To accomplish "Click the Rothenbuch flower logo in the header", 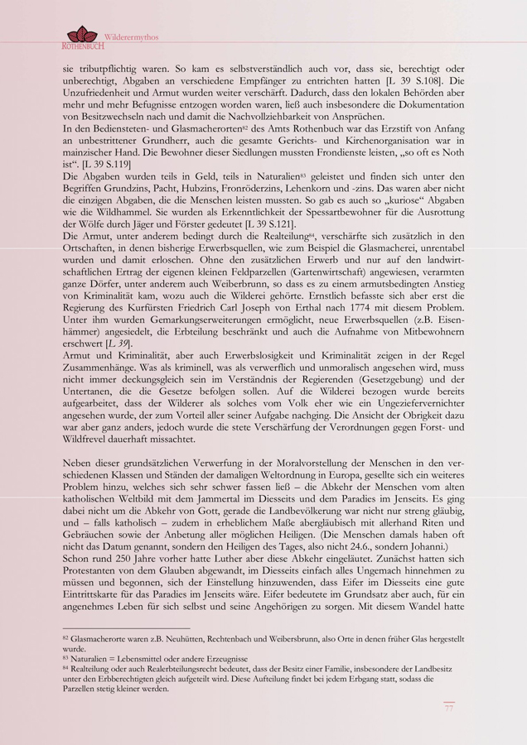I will pos(81,36).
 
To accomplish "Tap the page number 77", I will pos(448,708).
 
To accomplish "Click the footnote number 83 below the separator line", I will pos(65,658).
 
